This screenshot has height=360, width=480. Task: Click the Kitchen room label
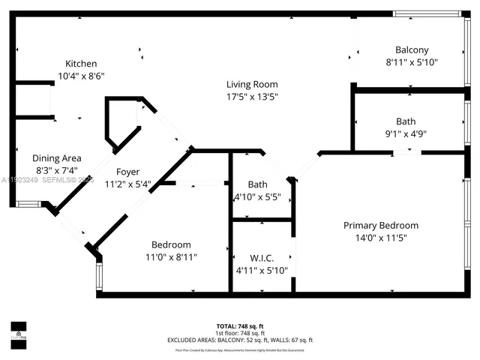(x=81, y=64)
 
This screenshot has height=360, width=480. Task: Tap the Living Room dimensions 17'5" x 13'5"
(x=253, y=96)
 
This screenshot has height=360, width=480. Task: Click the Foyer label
(x=127, y=172)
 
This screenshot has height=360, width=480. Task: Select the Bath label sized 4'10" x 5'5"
(x=257, y=184)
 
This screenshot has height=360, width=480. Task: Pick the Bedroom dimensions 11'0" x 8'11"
(x=171, y=256)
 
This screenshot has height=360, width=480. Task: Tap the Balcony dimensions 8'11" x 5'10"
(x=412, y=62)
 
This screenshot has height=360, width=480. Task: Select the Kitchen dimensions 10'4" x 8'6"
(x=81, y=76)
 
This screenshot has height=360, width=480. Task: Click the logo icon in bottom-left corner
(x=18, y=331)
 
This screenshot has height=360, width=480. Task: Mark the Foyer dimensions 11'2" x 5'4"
(x=127, y=184)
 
